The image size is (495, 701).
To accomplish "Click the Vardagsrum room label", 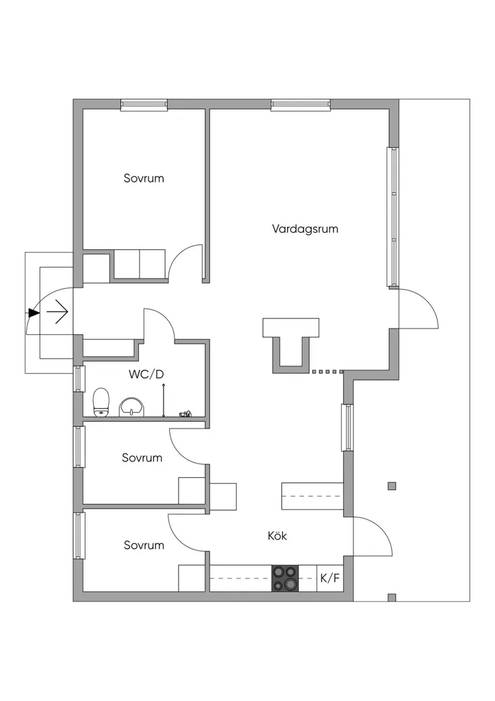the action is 305,229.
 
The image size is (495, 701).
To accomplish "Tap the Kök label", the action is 277,535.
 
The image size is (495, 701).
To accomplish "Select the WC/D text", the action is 147,374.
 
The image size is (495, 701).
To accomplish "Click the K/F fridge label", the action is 330,578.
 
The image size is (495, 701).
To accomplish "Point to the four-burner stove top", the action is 285,578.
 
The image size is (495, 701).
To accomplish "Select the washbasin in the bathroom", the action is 131,407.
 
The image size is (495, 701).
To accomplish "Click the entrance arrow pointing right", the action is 57,311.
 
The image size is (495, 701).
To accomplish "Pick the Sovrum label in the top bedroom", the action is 144,179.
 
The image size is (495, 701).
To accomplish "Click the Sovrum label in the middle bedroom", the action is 142,458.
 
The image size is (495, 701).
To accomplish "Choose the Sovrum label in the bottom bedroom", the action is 144,546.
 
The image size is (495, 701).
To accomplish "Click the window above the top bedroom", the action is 144,105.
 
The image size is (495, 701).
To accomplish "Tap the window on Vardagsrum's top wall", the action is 301,105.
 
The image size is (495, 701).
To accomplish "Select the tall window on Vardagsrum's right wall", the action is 393,217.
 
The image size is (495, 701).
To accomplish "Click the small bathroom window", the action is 79,379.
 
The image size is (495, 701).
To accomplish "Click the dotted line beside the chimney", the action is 328,372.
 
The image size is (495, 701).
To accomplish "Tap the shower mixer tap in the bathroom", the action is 186,414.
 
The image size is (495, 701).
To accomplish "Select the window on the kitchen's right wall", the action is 347,427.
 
